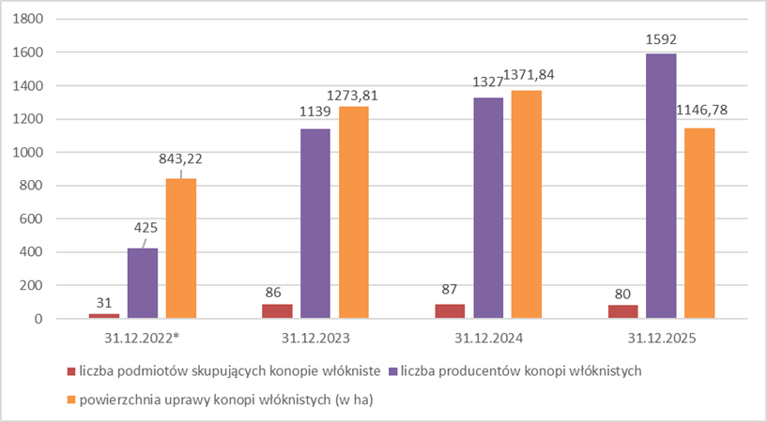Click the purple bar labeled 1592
(x=661, y=186)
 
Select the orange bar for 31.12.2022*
(x=181, y=249)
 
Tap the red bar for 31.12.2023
(x=278, y=311)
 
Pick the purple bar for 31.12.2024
(x=488, y=208)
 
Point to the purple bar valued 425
(x=143, y=283)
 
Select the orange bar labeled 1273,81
(x=354, y=213)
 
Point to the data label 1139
(x=315, y=113)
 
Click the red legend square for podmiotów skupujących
(x=70, y=371)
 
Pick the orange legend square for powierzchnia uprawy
(x=70, y=399)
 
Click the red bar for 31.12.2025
(x=622, y=312)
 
